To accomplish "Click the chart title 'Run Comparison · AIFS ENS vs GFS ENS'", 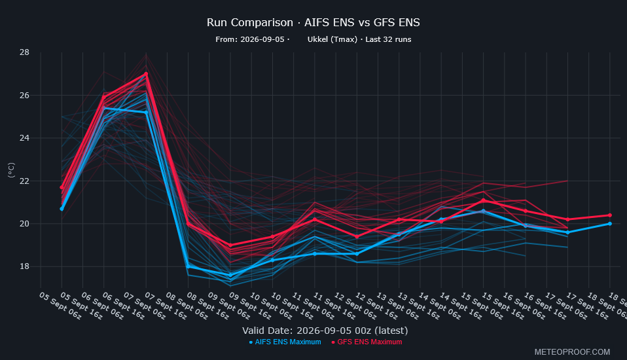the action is point(313,22).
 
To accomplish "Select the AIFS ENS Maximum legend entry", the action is point(285,342).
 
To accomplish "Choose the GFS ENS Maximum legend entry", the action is point(367,342).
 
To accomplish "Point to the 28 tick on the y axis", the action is point(24,52).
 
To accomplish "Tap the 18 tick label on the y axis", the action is point(24,266).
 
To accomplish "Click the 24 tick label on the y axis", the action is point(24,138).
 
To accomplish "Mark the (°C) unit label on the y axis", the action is point(11,170).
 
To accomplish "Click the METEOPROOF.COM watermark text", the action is point(572,352).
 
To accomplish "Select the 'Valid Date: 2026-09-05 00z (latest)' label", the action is point(325,331).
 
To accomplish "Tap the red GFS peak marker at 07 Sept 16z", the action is point(146,74).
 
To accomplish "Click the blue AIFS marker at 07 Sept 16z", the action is point(146,113).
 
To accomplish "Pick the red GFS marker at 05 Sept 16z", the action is point(62,187).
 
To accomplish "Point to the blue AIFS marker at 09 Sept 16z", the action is point(230,275).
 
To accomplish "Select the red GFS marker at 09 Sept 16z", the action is point(230,245).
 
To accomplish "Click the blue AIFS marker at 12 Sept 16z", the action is point(357,253).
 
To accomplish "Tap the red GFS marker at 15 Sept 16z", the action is point(483,200).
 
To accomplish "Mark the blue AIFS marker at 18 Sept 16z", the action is point(610,224).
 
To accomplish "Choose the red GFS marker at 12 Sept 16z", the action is point(357,237).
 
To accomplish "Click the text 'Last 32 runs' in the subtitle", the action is point(388,39).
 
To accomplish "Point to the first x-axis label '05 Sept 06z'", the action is point(60,306).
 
